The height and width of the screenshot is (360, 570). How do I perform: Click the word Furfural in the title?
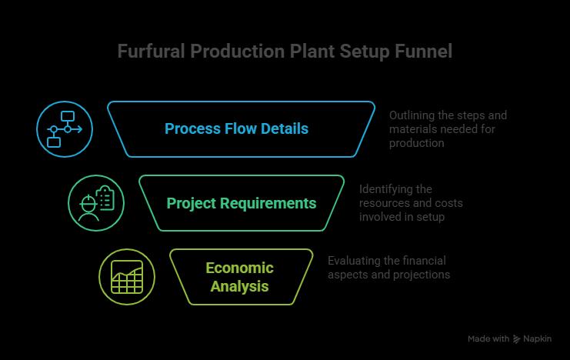[x=152, y=51]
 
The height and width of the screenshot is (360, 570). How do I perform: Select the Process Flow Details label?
[x=236, y=128]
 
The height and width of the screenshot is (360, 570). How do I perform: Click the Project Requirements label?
[x=242, y=203]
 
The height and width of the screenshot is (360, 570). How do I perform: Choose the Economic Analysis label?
[x=239, y=277]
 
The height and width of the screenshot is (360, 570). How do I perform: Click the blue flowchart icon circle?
[x=65, y=129]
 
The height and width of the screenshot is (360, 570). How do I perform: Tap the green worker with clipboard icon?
[x=96, y=203]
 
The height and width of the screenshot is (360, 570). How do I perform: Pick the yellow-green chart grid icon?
[x=127, y=277]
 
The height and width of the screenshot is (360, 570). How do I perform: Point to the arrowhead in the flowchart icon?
[x=79, y=129]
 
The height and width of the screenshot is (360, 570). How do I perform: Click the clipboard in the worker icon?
[x=105, y=198]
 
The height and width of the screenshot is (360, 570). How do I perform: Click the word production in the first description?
[x=417, y=143]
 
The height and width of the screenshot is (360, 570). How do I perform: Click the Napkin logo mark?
[x=517, y=339]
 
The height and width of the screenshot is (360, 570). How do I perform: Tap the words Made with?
[x=488, y=339]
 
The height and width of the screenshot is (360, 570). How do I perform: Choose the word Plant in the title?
[x=312, y=51]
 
